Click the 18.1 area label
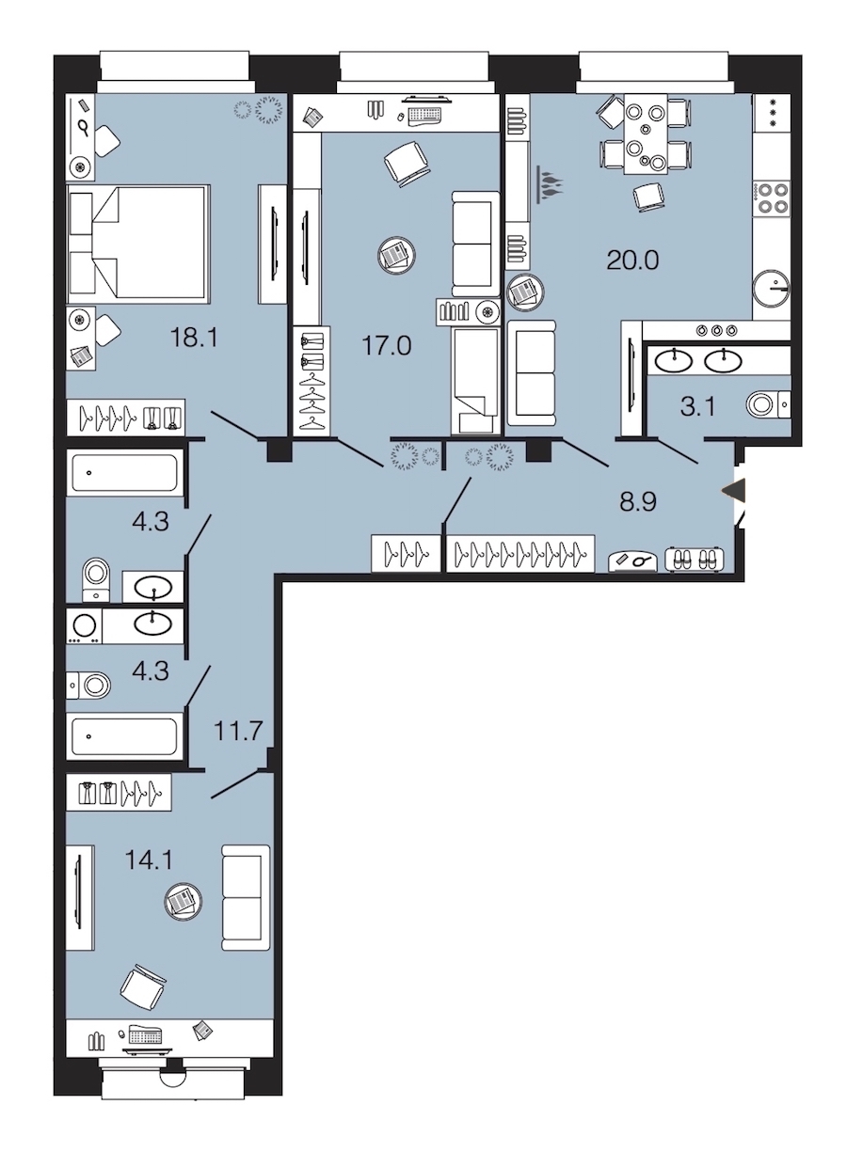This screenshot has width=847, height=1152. [194, 339]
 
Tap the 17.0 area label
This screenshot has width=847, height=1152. [387, 345]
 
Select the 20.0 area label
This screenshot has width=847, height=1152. [632, 260]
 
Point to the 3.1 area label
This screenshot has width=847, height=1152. [697, 407]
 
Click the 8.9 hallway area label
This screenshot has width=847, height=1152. [638, 501]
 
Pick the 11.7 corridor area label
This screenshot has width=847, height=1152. [239, 731]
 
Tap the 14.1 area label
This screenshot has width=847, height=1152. [150, 860]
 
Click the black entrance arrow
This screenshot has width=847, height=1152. [733, 491]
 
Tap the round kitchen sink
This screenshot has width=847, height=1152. [771, 289]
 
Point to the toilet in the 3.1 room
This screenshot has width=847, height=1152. [768, 404]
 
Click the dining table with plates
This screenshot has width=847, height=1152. [646, 134]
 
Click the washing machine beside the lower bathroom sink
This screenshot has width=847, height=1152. [85, 626]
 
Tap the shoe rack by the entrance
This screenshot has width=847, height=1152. [695, 559]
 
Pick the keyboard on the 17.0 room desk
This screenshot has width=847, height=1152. [425, 116]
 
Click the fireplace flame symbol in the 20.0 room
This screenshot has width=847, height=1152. [551, 184]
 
